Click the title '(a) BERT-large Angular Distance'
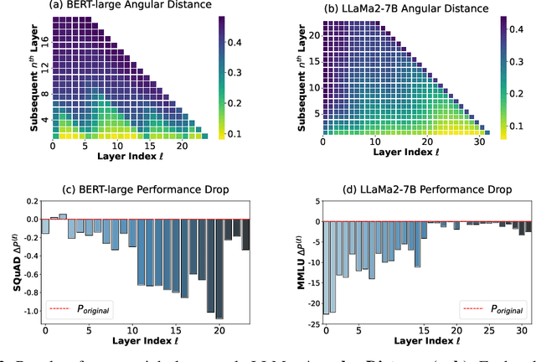pos(125,8)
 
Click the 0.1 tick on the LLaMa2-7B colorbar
pos(514,129)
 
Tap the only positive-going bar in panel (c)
pos(64,216)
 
